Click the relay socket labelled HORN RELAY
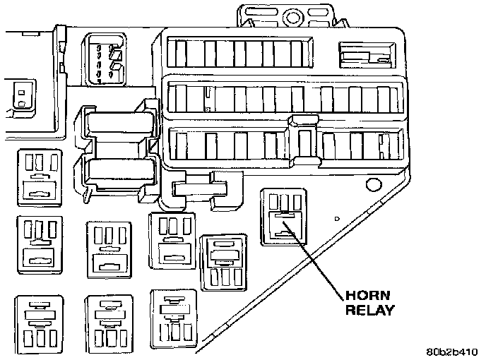click(282, 216)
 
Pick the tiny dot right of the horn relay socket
click(337, 219)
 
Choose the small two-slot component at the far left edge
click(22, 97)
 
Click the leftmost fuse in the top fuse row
click(181, 54)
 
